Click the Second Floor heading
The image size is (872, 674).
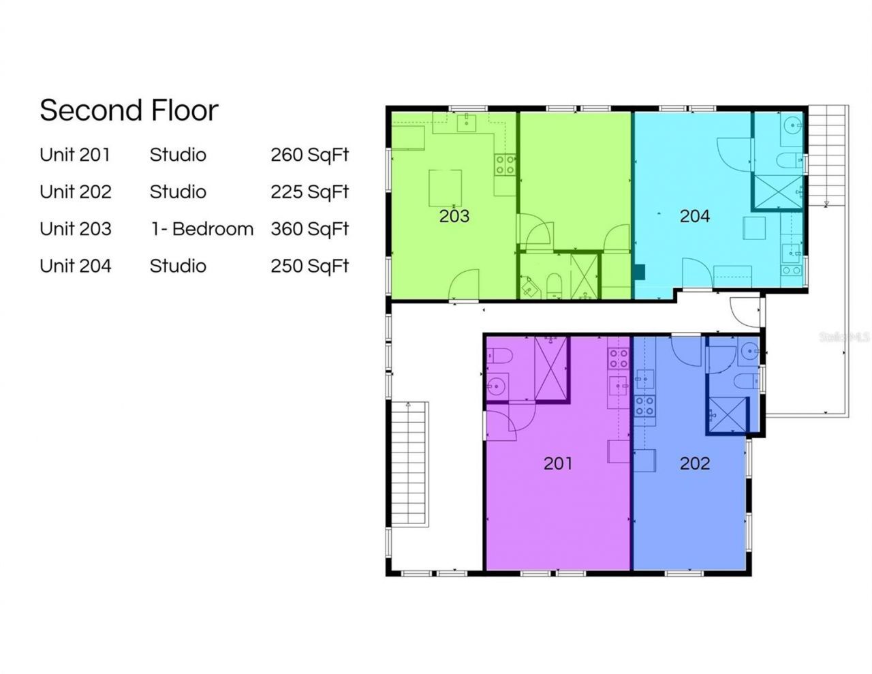pyautogui.click(x=129, y=110)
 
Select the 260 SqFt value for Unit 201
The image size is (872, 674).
pyautogui.click(x=309, y=155)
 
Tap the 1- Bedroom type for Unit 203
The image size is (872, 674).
pyautogui.click(x=202, y=229)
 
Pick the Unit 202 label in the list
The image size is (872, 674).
pyautogui.click(x=75, y=192)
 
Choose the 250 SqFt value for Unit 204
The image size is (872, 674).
pyautogui.click(x=309, y=266)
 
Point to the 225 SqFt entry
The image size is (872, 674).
pyautogui.click(x=309, y=192)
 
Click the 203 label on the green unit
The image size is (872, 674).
pyautogui.click(x=454, y=216)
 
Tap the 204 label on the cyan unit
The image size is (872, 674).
pyautogui.click(x=694, y=216)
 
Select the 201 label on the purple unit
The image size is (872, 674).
pyautogui.click(x=557, y=463)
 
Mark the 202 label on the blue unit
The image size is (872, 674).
pyautogui.click(x=694, y=463)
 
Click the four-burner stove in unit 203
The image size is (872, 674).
pyautogui.click(x=505, y=165)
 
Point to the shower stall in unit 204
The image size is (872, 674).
pyautogui.click(x=777, y=192)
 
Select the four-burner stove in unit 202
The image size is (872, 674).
pyautogui.click(x=644, y=406)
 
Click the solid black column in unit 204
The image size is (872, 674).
pyautogui.click(x=638, y=272)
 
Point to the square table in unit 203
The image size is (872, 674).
pyautogui.click(x=445, y=187)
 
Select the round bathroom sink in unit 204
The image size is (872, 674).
pyautogui.click(x=792, y=125)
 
